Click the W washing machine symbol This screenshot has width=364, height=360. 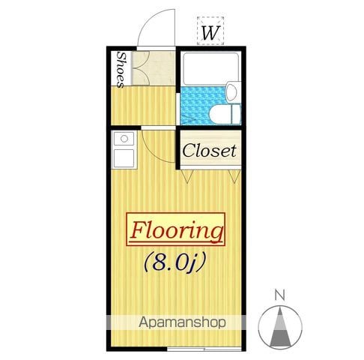[210, 31]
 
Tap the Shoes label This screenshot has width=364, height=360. [121, 70]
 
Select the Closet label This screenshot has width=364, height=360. [209, 151]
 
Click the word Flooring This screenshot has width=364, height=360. [176, 230]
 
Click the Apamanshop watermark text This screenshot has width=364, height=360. [182, 322]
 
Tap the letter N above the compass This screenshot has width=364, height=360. [280, 295]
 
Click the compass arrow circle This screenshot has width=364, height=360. [280, 327]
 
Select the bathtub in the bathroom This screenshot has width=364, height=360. [210, 68]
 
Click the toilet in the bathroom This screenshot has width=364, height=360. [225, 114]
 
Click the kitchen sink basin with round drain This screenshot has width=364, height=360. [124, 139]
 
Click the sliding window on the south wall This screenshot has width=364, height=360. [204, 349]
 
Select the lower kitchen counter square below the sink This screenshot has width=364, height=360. [124, 157]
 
